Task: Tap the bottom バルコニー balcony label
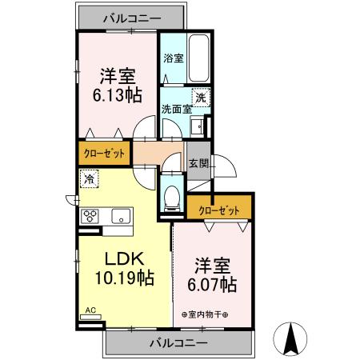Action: point(178,342)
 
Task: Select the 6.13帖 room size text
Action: point(118,94)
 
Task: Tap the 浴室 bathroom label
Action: point(174,58)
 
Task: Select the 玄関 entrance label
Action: point(198,163)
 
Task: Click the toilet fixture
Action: point(170,198)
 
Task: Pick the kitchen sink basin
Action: point(121,216)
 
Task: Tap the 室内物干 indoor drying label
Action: point(204,314)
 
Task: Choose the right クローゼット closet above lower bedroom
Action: point(218,210)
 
